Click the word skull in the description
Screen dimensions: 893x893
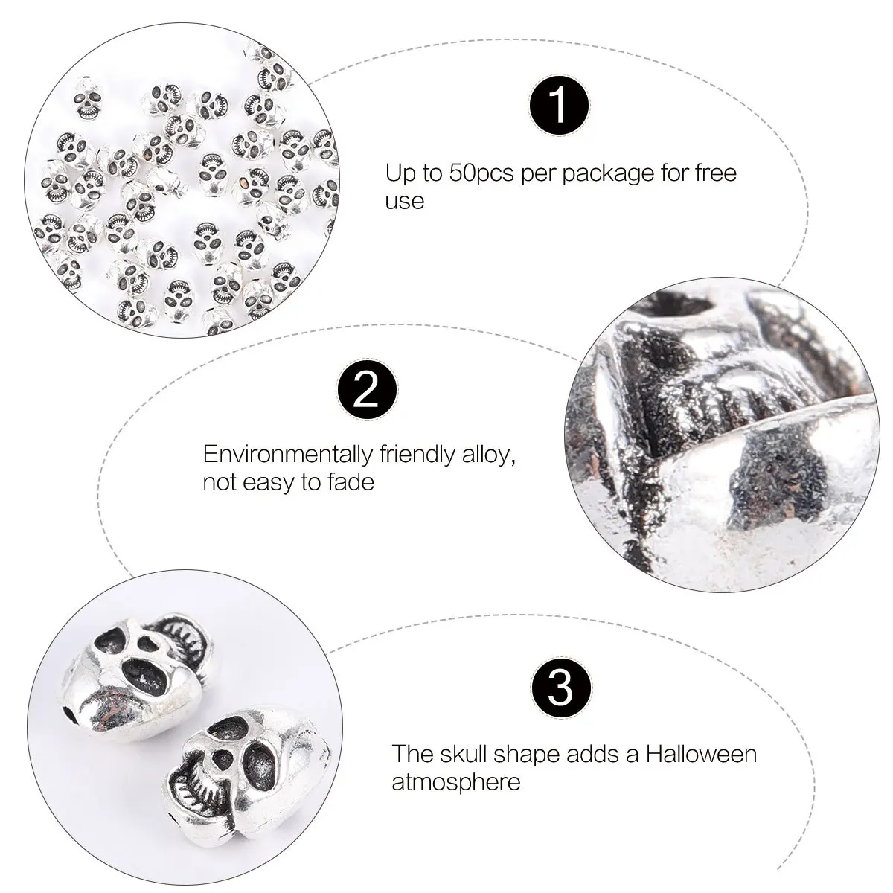coord(481,754)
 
